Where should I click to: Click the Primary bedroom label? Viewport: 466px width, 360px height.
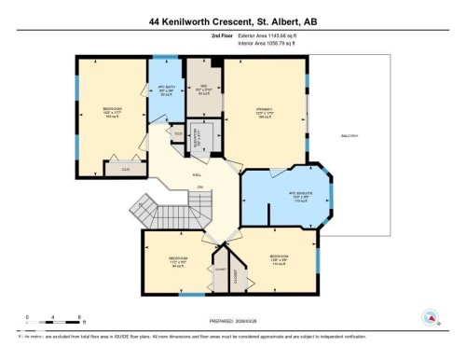tap(265, 113)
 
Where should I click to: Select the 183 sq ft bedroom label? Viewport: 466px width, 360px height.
tap(111, 113)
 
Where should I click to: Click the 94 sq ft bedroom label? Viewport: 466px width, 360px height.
tap(177, 260)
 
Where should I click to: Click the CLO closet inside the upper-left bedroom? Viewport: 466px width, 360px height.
tap(124, 170)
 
